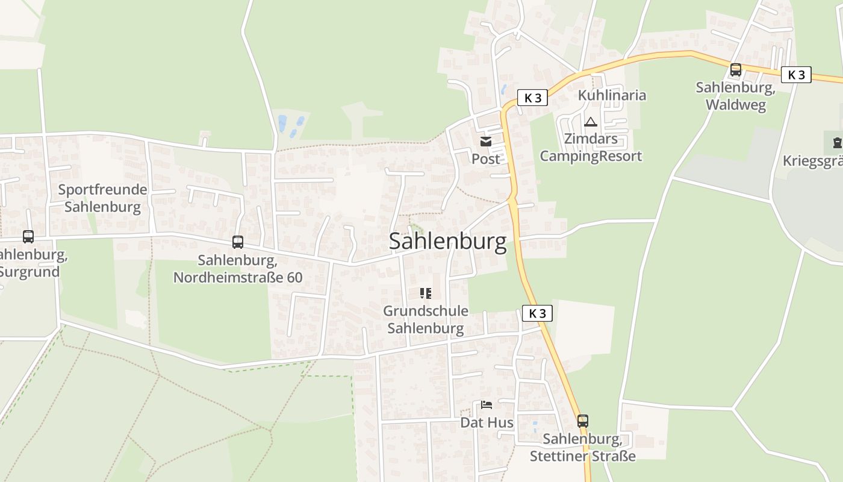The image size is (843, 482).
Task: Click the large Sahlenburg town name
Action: pyautogui.click(x=447, y=241)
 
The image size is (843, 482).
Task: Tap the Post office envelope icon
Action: pyautogui.click(x=485, y=142)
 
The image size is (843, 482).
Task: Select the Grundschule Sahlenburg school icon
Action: pyautogui.click(x=426, y=293)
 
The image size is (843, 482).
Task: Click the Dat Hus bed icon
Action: pyautogui.click(x=487, y=405)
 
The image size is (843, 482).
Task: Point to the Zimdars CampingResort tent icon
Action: pyautogui.click(x=591, y=122)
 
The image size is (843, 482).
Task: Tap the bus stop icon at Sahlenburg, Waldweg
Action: pyautogui.click(x=735, y=70)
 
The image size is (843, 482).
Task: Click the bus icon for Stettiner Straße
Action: pyautogui.click(x=582, y=421)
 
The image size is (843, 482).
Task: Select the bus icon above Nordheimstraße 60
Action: pyautogui.click(x=238, y=242)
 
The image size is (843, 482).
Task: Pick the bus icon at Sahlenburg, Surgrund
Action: pyautogui.click(x=28, y=237)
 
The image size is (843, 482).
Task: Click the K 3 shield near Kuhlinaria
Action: pyautogui.click(x=533, y=98)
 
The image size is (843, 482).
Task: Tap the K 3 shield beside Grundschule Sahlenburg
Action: pyautogui.click(x=537, y=313)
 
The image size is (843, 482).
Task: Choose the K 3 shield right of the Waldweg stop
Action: pyautogui.click(x=796, y=75)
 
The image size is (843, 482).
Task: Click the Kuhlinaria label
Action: pyautogui.click(x=612, y=95)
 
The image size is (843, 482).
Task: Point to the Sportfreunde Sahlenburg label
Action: pyautogui.click(x=102, y=198)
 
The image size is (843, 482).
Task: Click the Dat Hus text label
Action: pyautogui.click(x=487, y=422)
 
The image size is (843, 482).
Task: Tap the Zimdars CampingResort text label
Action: pyautogui.click(x=591, y=148)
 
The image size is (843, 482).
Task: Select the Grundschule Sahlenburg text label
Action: pyautogui.click(x=426, y=319)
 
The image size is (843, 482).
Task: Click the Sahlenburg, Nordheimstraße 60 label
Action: pyautogui.click(x=238, y=269)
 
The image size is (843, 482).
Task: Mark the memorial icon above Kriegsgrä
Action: pyautogui.click(x=836, y=143)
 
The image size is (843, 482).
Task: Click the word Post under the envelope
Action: pyautogui.click(x=485, y=158)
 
